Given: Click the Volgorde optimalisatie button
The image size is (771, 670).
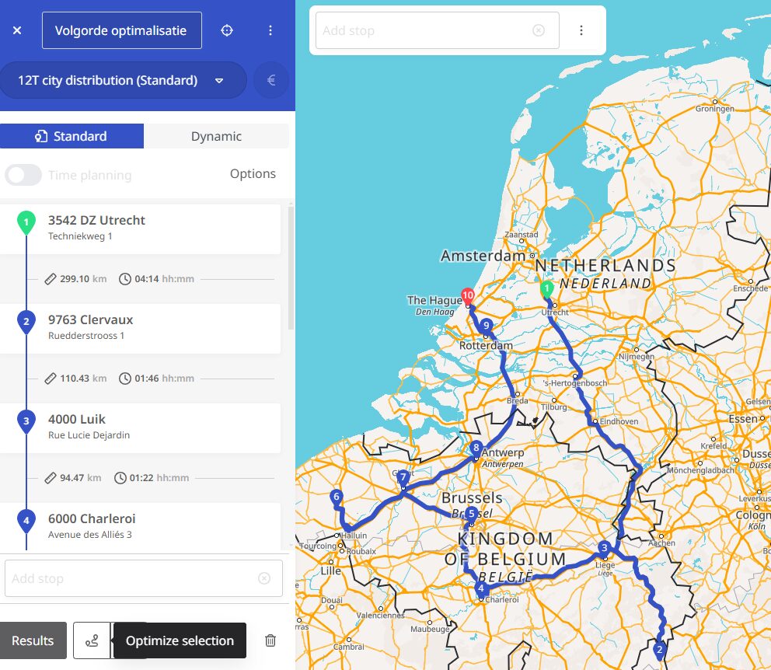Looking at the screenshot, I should tap(121, 31).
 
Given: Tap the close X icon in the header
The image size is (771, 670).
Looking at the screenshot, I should tap(17, 31).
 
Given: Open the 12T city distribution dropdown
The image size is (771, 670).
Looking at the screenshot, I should tap(122, 80).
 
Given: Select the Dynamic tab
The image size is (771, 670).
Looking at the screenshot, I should tap(216, 136).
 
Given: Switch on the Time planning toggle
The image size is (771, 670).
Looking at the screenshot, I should tap(23, 175).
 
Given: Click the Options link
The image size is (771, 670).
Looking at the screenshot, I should tap(253, 173).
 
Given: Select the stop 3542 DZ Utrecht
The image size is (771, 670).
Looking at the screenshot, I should tap(140, 228).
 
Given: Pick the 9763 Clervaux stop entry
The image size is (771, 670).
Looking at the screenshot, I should tap(140, 327).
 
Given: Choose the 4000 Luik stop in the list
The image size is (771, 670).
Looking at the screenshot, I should tap(140, 427).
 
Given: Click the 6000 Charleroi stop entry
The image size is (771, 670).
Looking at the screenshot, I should tap(140, 525).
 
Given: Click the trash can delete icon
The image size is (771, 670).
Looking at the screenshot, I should tap(270, 640).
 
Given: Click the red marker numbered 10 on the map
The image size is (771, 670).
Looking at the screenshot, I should tap(467, 296).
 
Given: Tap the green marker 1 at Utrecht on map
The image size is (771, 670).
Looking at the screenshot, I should tap(547, 289).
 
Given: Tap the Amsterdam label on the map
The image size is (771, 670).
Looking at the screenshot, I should tap(483, 256).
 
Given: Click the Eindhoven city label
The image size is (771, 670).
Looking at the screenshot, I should tap(619, 421).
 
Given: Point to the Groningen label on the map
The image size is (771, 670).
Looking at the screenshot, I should tap(714, 109).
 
